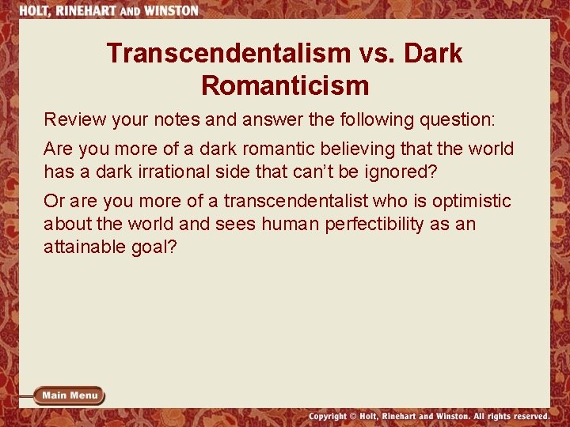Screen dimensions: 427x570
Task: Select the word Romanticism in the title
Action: (x=285, y=85)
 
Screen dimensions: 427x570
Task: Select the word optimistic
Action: (x=472, y=202)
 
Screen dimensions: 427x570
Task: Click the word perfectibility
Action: (x=370, y=224)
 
